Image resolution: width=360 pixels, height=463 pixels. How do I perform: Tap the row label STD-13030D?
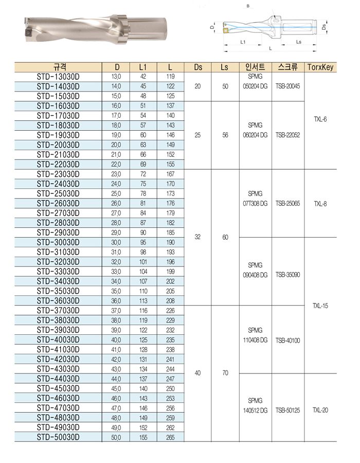[x=58, y=77]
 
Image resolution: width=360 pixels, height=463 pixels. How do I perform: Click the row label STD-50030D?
[x=58, y=437]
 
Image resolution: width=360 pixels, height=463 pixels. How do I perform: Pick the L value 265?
[x=171, y=437]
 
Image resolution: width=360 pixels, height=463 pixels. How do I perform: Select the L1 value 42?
[x=143, y=77]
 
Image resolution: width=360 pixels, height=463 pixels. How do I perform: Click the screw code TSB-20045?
[x=287, y=86]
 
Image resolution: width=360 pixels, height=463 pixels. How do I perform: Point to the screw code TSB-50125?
[x=287, y=411]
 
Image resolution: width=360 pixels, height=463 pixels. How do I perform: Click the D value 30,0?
[x=116, y=242]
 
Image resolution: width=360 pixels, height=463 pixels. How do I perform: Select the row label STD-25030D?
[x=58, y=193]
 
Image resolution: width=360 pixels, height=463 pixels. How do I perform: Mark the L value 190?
[x=171, y=242]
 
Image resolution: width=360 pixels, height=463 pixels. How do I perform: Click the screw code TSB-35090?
[x=287, y=275]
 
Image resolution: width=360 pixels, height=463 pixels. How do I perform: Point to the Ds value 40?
[x=198, y=373]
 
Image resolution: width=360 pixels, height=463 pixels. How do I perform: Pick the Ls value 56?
[x=225, y=135]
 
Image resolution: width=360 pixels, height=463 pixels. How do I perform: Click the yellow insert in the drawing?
[x=226, y=30]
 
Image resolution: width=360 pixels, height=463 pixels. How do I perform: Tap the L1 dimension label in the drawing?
[x=242, y=42]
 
